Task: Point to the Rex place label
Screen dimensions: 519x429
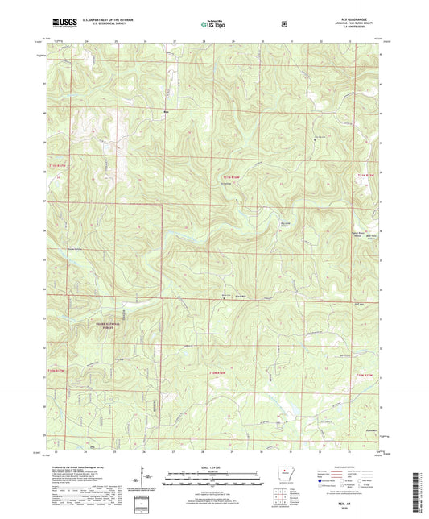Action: (x=167, y=111)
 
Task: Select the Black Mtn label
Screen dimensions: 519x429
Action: (x=239, y=297)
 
